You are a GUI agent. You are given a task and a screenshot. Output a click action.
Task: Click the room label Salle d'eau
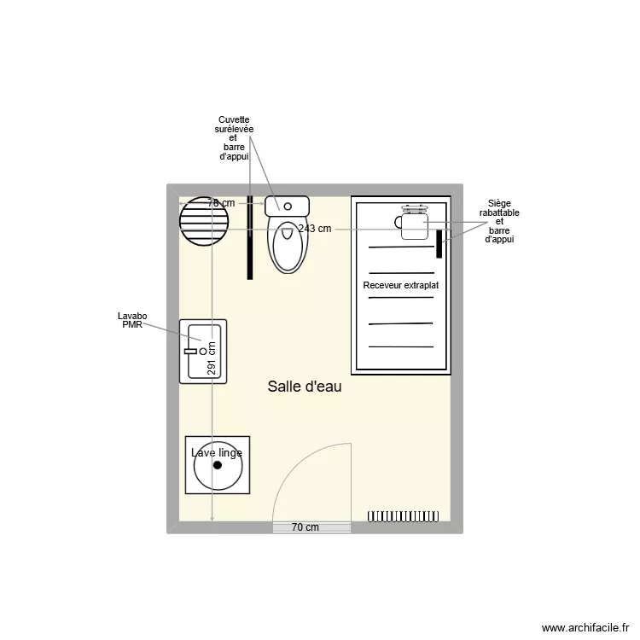pos(305,387)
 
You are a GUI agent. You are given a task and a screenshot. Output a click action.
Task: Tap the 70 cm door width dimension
pos(305,527)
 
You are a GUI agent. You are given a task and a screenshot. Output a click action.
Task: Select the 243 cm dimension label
pos(315,229)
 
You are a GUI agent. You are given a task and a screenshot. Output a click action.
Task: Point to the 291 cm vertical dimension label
pos(212,358)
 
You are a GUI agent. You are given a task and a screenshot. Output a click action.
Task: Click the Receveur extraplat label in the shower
pos(401,285)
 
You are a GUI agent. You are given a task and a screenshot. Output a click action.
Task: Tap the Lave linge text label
pos(217,452)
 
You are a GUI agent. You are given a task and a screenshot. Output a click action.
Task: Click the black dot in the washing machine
pos(218,465)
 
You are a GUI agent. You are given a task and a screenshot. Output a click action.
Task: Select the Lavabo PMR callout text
pos(132,320)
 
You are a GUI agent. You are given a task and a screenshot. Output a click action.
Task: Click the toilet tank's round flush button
pos(288,207)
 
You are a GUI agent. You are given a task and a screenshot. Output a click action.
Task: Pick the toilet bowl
pos(288,247)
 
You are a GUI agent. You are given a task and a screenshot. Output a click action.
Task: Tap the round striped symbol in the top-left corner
pos(204,221)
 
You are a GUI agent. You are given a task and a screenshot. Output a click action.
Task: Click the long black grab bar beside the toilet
pos(250,237)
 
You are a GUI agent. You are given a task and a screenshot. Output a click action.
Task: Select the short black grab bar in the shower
pos(439,244)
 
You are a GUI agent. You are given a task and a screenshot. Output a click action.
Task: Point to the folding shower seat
pos(412,222)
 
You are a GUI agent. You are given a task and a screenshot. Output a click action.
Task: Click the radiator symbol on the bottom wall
pos(404,516)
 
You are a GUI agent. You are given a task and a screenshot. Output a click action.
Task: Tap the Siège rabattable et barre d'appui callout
pos(499,221)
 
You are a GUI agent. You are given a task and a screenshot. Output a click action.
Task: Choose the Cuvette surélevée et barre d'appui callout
pos(234,138)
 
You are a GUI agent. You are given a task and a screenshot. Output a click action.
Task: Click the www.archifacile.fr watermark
pos(585,627)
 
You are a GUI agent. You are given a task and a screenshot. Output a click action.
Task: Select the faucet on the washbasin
pos(191,351)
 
